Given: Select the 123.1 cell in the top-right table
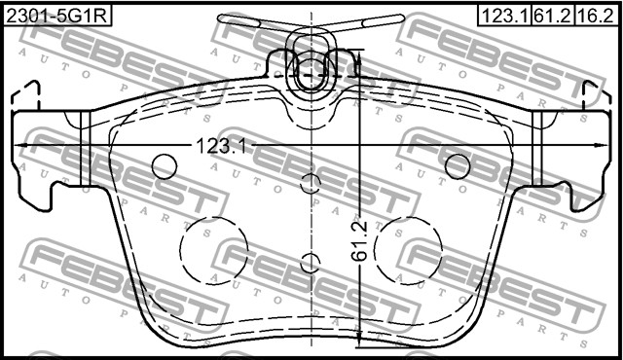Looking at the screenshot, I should (500, 16).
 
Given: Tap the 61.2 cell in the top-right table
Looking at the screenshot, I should (551, 16).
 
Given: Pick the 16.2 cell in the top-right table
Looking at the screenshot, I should (596, 16).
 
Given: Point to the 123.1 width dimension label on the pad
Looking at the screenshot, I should (223, 146).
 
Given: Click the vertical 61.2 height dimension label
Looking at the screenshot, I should (360, 239).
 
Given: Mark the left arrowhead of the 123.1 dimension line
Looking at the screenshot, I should (22, 146).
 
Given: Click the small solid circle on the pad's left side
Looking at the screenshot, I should (165, 166).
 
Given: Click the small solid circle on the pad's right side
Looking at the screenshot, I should (458, 166).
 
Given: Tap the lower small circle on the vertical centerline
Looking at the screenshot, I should (311, 262).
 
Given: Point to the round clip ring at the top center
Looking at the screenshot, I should (311, 71).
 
